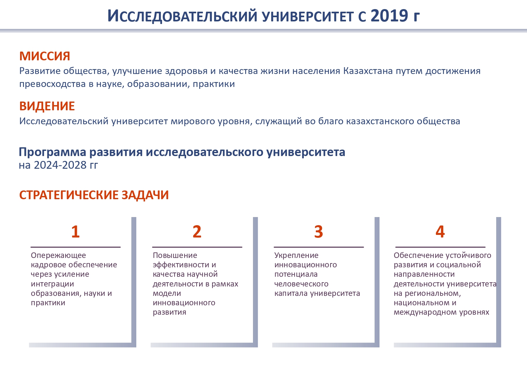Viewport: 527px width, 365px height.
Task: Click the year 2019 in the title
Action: [389, 16]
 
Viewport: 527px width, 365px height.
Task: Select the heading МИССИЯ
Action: [45, 56]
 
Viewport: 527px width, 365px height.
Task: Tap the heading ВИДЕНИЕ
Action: [47, 106]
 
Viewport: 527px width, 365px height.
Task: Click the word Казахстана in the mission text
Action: [368, 71]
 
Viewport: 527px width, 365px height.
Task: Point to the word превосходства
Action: [53, 84]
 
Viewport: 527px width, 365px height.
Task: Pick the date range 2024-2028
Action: [60, 165]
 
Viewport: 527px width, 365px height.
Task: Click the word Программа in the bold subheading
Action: [53, 152]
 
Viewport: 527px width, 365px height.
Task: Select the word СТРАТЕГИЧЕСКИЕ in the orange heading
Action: [68, 195]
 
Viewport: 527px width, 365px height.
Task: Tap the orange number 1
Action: [76, 232]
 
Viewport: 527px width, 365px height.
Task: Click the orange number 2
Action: [197, 232]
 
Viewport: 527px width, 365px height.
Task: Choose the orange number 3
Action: [319, 232]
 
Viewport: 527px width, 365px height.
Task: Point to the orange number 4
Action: [440, 232]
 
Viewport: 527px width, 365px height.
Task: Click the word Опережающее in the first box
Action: [58, 256]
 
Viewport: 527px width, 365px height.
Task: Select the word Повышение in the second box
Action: [175, 255]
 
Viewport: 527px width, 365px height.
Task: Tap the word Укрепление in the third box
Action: [296, 256]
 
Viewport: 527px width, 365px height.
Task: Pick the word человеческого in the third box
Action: [301, 284]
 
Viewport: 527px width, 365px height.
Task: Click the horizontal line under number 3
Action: [319, 247]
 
